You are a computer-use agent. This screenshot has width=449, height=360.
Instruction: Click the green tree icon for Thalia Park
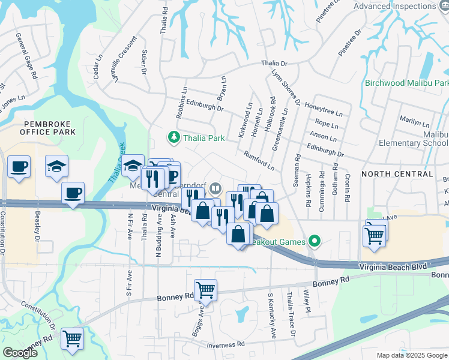coord(174,138)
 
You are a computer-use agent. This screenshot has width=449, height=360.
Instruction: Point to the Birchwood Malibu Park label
coord(406,83)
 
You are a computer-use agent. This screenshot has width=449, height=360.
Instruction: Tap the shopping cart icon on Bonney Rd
coord(205,290)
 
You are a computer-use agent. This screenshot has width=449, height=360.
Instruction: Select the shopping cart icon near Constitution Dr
coord(72,338)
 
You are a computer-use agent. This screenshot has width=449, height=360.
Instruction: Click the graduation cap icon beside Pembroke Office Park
coord(57,167)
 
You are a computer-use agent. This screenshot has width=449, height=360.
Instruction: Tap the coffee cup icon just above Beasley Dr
coord(73,193)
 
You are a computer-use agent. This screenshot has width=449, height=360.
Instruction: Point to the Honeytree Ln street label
coord(324,109)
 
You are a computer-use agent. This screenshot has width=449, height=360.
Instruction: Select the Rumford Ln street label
coord(259,160)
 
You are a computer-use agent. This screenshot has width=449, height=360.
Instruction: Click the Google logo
coord(20,353)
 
